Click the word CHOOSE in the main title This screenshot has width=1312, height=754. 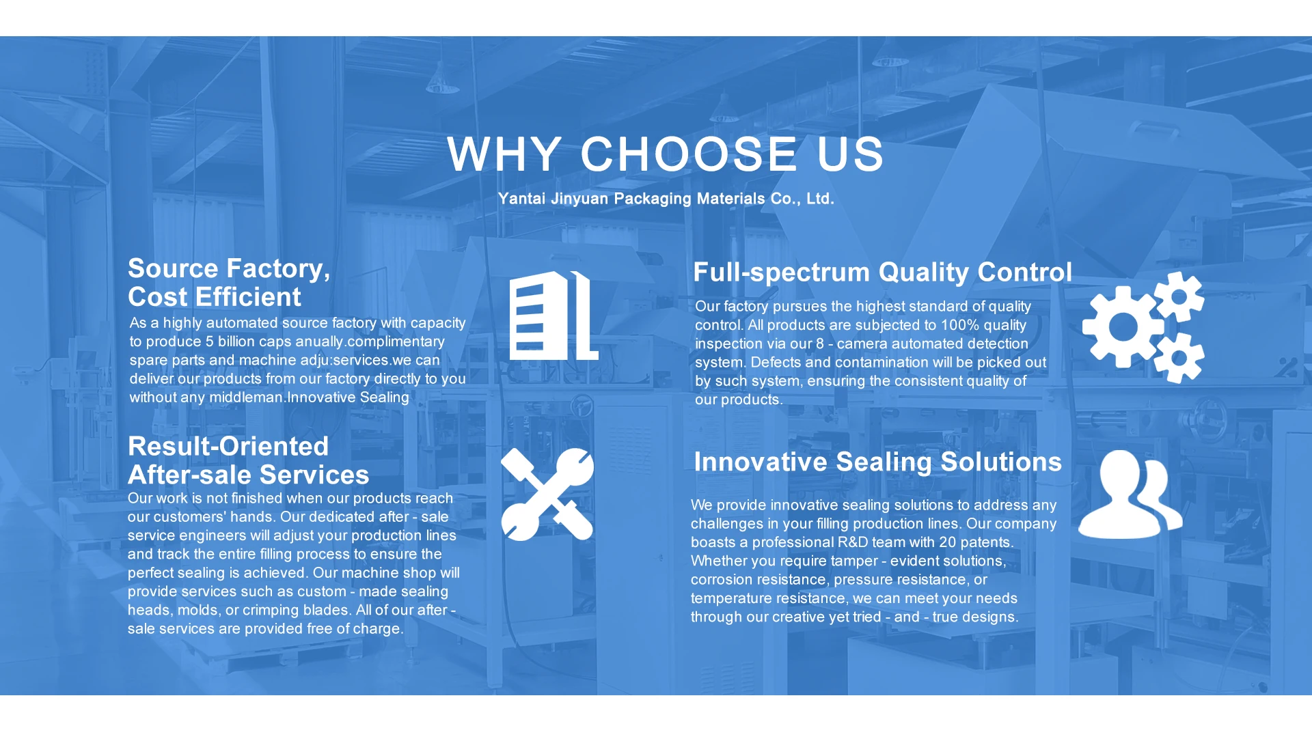coord(689,154)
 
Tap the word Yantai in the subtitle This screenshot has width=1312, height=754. coord(521,199)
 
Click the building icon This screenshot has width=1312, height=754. coord(554,316)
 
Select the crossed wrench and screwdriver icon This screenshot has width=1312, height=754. coord(547,494)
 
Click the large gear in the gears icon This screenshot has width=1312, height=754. coord(1123,327)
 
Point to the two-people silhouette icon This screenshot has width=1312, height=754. coord(1130,494)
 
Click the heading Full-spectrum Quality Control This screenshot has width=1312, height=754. coord(882,272)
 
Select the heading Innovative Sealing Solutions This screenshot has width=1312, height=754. coord(877,462)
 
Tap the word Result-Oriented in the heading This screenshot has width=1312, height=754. coord(228,446)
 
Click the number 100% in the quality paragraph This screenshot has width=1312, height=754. coord(960,325)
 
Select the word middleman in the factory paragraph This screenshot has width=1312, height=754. coord(245,397)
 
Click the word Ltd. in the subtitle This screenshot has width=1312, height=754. coord(820,199)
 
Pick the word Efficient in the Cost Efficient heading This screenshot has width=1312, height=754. coord(248,297)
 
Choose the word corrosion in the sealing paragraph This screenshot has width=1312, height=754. coord(722,580)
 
